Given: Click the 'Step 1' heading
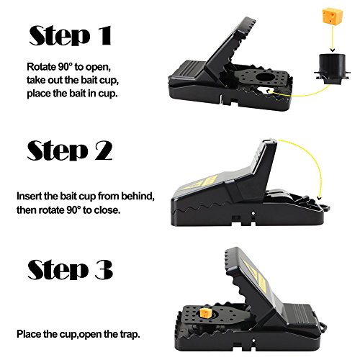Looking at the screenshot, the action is pos(71,35).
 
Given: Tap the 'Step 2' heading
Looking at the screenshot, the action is pos(70,150).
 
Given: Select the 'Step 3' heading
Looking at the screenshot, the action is pos(70,269).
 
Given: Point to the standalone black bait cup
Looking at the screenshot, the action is pos(332,69).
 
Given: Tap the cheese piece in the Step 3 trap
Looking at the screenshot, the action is pos(206,312).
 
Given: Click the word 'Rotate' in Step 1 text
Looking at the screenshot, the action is pos(41,67).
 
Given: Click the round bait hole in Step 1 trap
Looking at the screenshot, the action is pos(264,78).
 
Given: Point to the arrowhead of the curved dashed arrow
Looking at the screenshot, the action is pos(319,198).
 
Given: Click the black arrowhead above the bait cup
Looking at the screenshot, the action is pos(332,50).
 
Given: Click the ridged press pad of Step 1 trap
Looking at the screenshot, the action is pos(189,69).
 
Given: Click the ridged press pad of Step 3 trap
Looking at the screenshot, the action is pos(298,315).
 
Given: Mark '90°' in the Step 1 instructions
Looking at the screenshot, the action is pos(65,67).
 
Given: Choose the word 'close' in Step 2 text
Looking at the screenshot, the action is pos(107,210).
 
